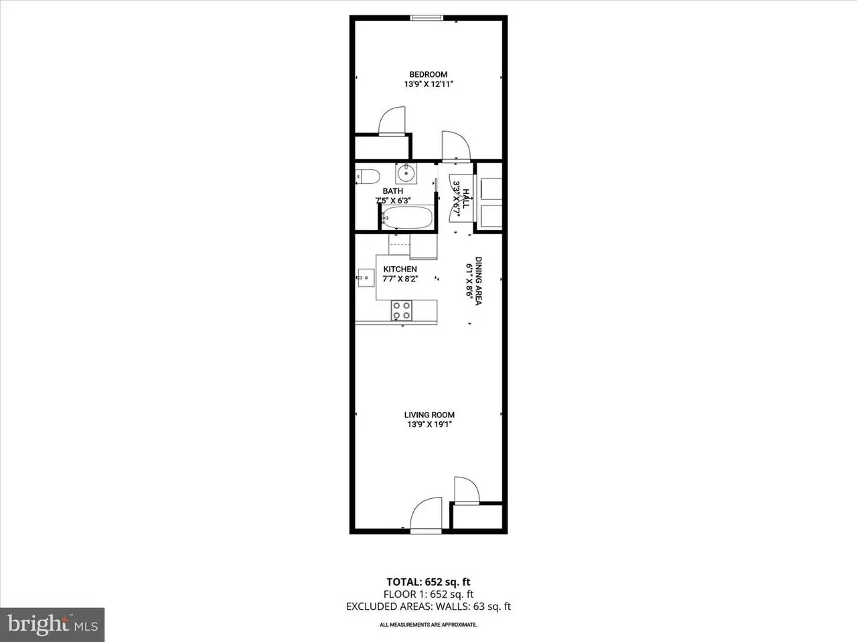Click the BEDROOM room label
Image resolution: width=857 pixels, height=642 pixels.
(x=428, y=74)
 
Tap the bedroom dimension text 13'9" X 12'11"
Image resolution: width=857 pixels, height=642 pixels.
(x=428, y=84)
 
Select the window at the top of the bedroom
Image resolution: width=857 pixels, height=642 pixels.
(x=426, y=17)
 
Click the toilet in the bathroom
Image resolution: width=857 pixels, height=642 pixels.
(x=368, y=177)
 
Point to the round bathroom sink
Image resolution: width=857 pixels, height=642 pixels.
(x=406, y=173)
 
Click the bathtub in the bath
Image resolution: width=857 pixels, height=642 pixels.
(x=407, y=217)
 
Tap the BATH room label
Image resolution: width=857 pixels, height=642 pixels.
(x=393, y=191)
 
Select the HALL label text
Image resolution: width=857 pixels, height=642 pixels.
(x=466, y=199)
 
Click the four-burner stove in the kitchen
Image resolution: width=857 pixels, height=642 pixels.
(x=401, y=310)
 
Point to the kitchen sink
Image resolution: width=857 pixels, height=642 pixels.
(x=366, y=278)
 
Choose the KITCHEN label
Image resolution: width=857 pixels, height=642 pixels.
(x=400, y=270)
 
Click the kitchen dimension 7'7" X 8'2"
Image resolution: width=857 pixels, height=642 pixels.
(x=400, y=279)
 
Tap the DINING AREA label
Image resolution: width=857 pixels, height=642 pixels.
(x=478, y=281)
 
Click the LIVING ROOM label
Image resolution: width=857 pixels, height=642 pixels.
(x=429, y=415)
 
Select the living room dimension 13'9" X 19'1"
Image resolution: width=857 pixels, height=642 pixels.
(x=429, y=425)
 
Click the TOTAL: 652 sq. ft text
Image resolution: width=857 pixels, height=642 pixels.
(x=428, y=582)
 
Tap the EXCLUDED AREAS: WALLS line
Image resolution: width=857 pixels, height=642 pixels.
(x=428, y=607)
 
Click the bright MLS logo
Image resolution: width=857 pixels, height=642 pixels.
(x=52, y=625)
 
